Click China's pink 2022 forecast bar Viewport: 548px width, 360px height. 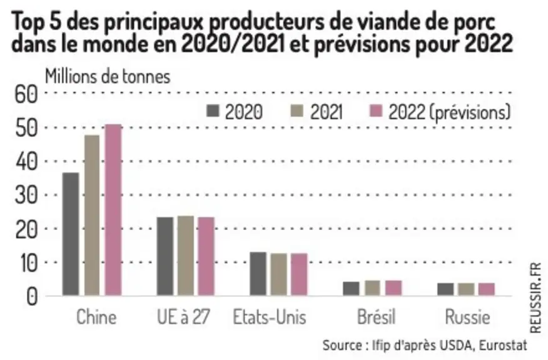coord(114,210)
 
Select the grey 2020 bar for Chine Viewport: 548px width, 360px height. coord(71,234)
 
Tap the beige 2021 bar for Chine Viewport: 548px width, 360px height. coord(92,215)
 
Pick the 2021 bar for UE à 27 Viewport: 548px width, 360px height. coord(186,256)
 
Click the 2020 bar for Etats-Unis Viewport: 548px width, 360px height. coord(258,274)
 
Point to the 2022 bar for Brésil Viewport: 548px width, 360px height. coord(393,288)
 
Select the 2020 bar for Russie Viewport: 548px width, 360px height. coord(445,289)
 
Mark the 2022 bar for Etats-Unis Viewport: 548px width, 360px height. coord(299,274)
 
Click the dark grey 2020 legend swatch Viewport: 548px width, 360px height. coord(213,111)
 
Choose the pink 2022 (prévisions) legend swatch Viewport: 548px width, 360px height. coord(376,111)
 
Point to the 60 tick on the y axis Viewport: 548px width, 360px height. coord(26,94)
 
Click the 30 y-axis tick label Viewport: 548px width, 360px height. coord(26,195)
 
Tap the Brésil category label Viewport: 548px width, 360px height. coord(377,317)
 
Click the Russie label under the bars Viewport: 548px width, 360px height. coord(468,317)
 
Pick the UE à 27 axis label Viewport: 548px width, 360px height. coord(183,317)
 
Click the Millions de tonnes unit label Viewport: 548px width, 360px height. coord(108,77)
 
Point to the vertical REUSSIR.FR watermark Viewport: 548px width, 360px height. coord(535,298)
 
